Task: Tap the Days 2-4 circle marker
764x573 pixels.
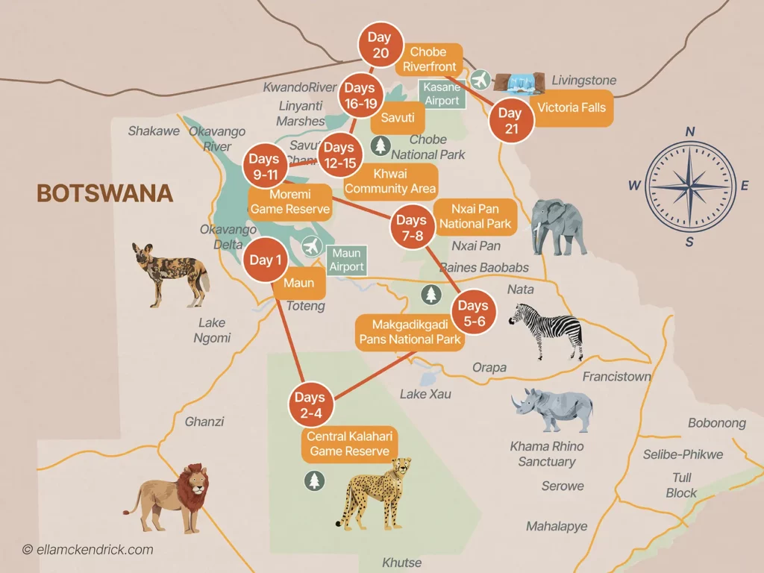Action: tap(310, 404)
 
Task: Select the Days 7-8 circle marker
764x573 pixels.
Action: tap(411, 227)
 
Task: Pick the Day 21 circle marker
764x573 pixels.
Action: tap(510, 120)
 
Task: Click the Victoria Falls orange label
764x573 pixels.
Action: tap(572, 107)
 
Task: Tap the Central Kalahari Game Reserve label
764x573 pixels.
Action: tap(348, 444)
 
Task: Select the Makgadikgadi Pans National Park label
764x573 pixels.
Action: tap(407, 332)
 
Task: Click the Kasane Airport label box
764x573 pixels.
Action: tap(442, 94)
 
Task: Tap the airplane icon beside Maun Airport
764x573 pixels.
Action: tap(313, 246)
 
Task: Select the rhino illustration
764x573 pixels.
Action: tap(554, 409)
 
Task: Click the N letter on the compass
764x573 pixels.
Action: tap(690, 132)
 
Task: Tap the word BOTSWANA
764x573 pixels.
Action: tap(104, 194)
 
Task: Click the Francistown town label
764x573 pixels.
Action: tap(616, 377)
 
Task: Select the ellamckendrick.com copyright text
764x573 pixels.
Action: tap(88, 550)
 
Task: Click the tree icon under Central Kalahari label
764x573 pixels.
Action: tap(314, 480)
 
